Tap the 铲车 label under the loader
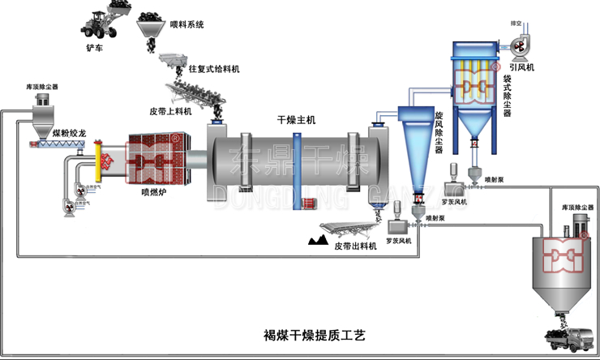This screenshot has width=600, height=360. click(96, 48)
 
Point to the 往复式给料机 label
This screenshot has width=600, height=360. click(214, 69)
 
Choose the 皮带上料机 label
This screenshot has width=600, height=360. click(169, 111)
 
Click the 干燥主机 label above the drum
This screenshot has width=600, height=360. click(294, 119)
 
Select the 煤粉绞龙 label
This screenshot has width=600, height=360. click(68, 132)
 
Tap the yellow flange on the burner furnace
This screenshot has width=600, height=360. click(98, 161)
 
